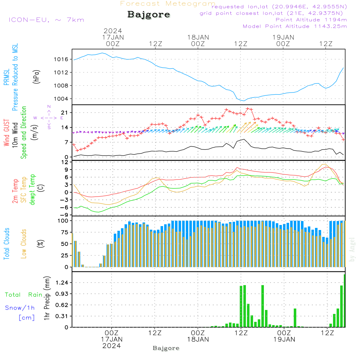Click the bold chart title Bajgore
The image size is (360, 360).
149,15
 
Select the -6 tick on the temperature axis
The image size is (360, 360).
65,207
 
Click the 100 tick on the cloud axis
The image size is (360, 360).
63,220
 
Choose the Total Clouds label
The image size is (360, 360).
6,244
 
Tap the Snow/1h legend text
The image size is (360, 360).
20,308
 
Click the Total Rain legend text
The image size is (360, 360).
23,295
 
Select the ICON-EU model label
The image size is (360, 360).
46,20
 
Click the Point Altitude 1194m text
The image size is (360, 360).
311,20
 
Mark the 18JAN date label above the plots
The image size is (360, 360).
198,37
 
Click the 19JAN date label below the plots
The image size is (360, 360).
284,339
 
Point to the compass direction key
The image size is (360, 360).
49,117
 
